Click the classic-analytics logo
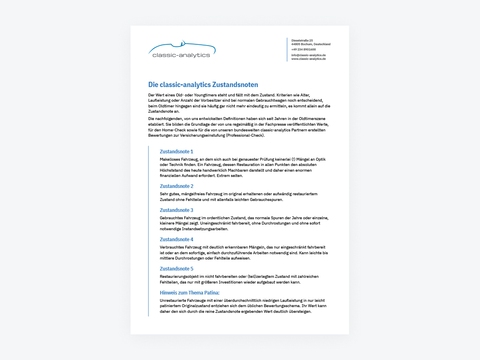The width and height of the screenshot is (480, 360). point(181,50)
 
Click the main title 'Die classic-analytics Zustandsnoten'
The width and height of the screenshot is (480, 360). point(203,85)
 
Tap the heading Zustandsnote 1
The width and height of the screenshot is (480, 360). point(177,152)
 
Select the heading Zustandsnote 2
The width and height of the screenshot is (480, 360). point(177,186)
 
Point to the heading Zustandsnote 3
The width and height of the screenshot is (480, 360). point(177,210)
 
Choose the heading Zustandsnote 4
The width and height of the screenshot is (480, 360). point(177,240)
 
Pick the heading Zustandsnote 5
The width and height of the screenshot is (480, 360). point(177,269)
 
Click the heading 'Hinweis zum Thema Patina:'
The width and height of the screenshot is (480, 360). point(190,293)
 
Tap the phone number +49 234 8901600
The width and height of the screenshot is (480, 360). point(303,50)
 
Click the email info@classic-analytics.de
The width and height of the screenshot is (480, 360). point(308,55)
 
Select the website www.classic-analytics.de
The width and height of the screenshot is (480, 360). point(308,59)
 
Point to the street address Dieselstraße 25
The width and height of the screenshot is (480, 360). point(302,41)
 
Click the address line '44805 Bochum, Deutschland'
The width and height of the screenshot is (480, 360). point(311,44)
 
